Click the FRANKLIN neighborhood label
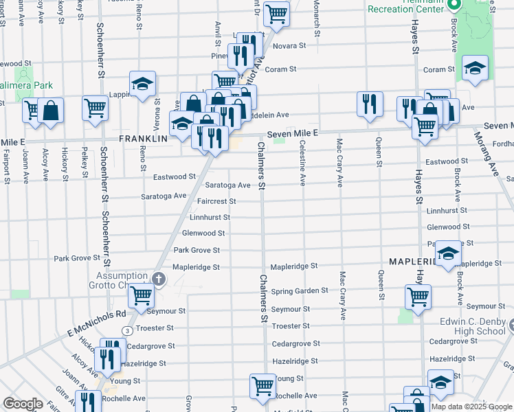coord(144,138)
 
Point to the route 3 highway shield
coord(127,330)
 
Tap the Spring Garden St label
coord(300,291)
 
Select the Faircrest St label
coord(216,202)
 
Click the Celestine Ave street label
coord(303,165)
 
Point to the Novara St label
coord(289,46)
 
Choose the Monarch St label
coord(318,15)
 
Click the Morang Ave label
coord(498,157)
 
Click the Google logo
coord(23,404)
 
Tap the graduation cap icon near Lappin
coord(142,84)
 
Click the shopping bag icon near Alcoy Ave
coord(51,110)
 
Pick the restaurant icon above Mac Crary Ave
coord(370,103)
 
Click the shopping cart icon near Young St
coord(262,387)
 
